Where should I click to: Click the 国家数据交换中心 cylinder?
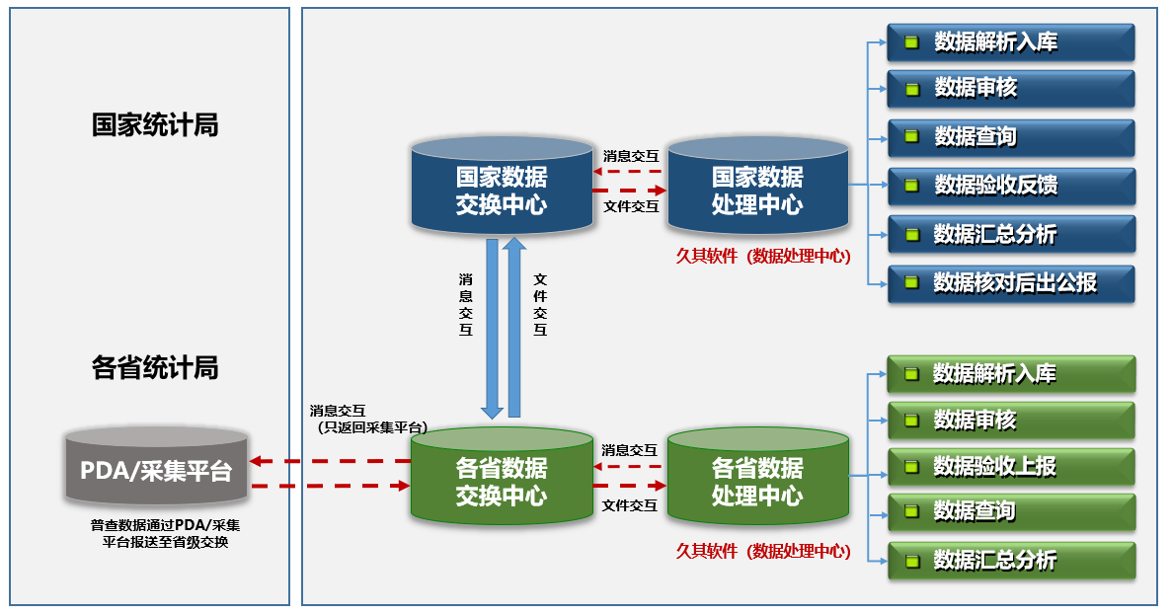pos(501,191)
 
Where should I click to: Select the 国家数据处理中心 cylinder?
pos(757,191)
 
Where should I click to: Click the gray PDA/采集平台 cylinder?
pos(156,472)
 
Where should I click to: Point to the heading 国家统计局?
pos(155,125)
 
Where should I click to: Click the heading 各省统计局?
pos(155,368)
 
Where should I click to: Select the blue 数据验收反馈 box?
pos(1010,186)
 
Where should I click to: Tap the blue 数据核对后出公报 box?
pos(1010,283)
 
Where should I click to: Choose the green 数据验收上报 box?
pos(1010,466)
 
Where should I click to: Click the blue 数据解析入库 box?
pos(1010,42)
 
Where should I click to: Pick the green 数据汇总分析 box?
pos(1010,561)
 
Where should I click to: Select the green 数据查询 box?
pos(1010,511)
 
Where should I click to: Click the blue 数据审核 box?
pos(1010,89)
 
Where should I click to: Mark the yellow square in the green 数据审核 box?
pos(912,421)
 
